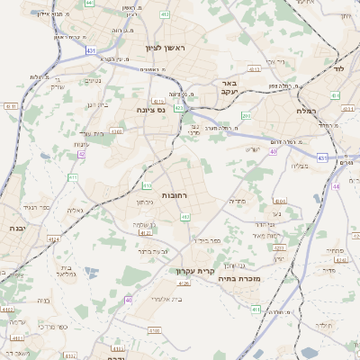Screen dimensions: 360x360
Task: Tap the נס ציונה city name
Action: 150,109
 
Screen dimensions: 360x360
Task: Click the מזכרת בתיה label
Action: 238,280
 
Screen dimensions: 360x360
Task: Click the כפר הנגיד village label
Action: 49,206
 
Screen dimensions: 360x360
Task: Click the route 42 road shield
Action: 82,154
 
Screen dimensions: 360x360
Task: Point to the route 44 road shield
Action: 336,186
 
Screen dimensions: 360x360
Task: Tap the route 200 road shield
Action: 246,116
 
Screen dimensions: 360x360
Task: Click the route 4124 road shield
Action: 53,239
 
